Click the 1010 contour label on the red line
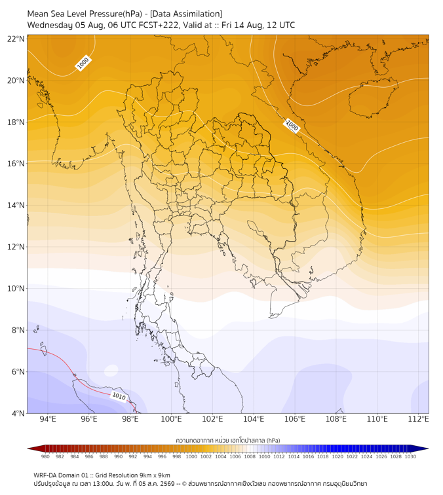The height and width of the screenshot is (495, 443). [119, 396]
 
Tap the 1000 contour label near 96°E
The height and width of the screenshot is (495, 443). [83, 63]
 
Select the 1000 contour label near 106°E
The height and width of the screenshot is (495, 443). [292, 126]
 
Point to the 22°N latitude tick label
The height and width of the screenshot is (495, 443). [16, 39]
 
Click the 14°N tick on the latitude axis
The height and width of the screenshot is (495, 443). [16, 205]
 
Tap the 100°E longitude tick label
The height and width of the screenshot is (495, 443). [171, 419]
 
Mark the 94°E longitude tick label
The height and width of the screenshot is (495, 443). [48, 419]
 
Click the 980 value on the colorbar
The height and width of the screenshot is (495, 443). [45, 456]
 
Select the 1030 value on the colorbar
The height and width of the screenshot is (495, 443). [410, 456]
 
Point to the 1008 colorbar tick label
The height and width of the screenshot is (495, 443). [250, 456]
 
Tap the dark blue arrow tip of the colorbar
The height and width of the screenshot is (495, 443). [428, 449]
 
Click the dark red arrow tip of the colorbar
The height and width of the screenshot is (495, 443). [28, 449]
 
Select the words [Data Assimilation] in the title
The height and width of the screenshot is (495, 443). [186, 14]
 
